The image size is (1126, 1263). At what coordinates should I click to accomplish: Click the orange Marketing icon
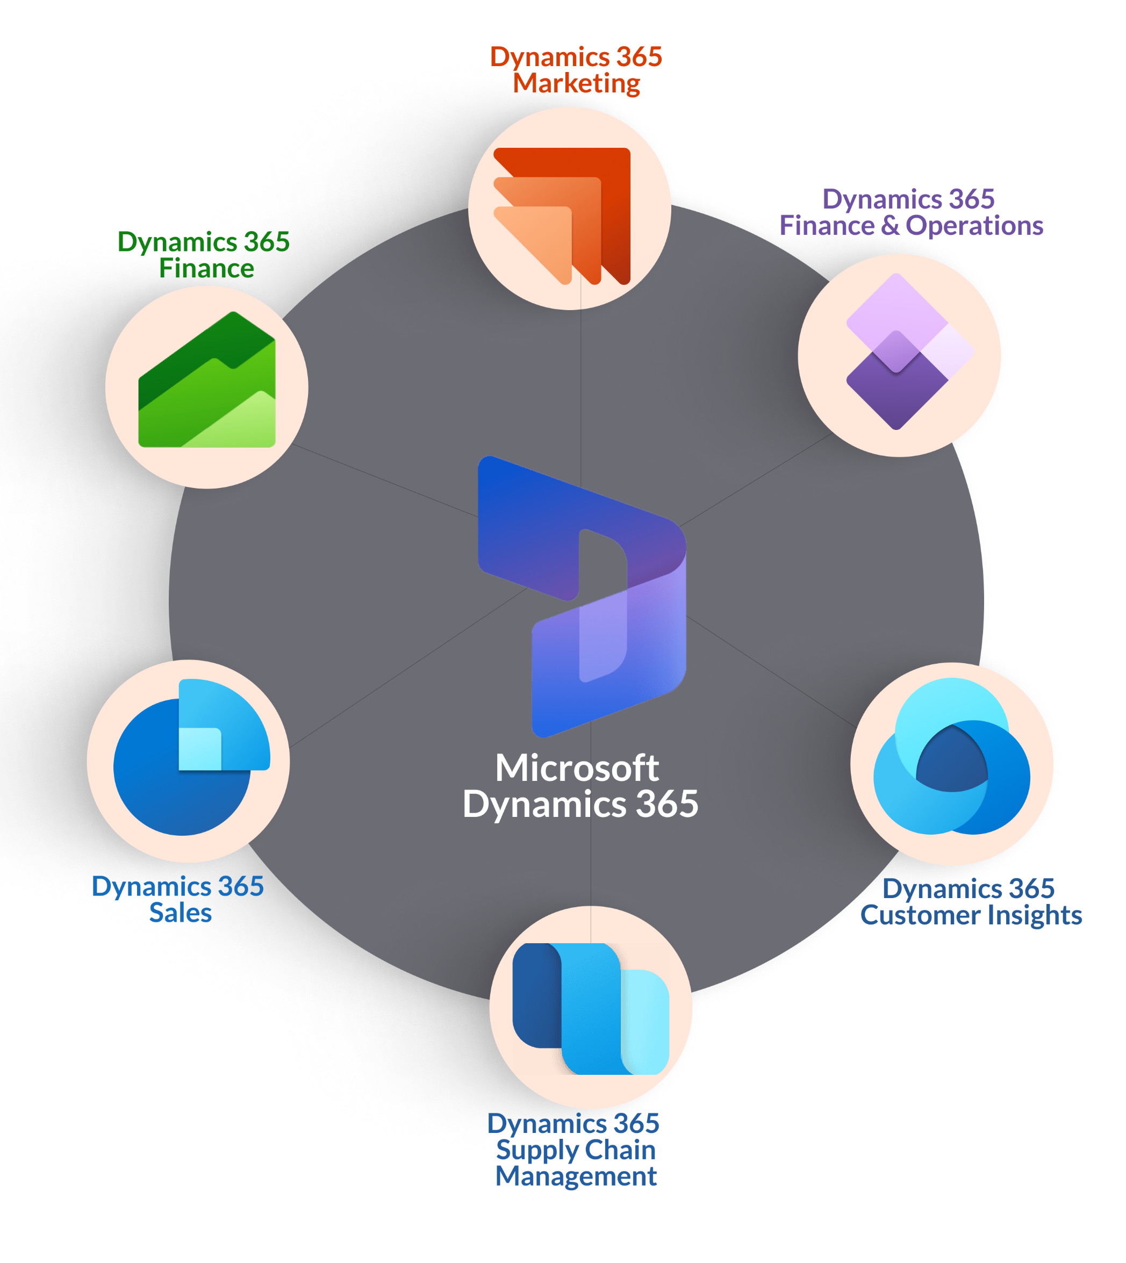[x=562, y=216]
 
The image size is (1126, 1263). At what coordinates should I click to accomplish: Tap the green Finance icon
[x=206, y=379]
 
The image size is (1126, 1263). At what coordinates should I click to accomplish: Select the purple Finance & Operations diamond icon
[x=909, y=351]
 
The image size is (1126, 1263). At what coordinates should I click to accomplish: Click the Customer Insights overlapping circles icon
[x=951, y=756]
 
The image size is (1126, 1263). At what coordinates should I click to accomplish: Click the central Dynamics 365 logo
[x=582, y=597]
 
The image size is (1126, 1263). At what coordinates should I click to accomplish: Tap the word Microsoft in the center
[x=577, y=768]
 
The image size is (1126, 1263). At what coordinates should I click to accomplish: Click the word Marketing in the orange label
[x=577, y=83]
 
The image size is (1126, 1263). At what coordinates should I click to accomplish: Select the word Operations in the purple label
[x=974, y=225]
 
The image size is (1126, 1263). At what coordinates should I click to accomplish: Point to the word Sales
[x=181, y=913]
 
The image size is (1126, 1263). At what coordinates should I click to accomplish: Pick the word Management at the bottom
[x=576, y=1177]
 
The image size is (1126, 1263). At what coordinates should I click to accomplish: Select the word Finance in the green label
[x=206, y=268]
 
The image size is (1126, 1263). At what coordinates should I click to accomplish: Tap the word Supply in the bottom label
[x=537, y=1151]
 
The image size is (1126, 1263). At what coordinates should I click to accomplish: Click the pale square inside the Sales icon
[x=200, y=749]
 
